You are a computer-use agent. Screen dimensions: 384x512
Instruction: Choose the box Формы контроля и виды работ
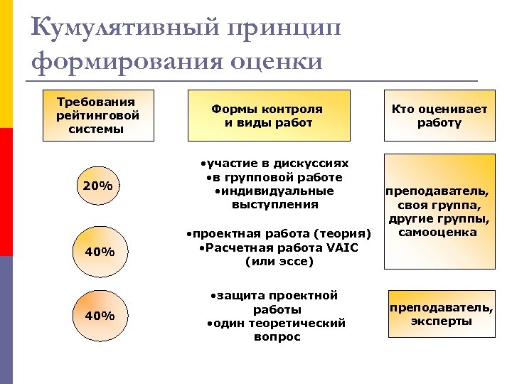(x=268, y=115)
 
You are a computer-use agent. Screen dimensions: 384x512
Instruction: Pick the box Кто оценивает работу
(x=439, y=115)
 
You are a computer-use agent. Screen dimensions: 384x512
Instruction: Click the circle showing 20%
(x=97, y=186)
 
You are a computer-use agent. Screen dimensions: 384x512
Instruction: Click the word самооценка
(x=438, y=232)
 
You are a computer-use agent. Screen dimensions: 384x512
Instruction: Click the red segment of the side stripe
(x=6, y=192)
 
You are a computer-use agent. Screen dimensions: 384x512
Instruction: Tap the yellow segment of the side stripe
(x=6, y=64)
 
